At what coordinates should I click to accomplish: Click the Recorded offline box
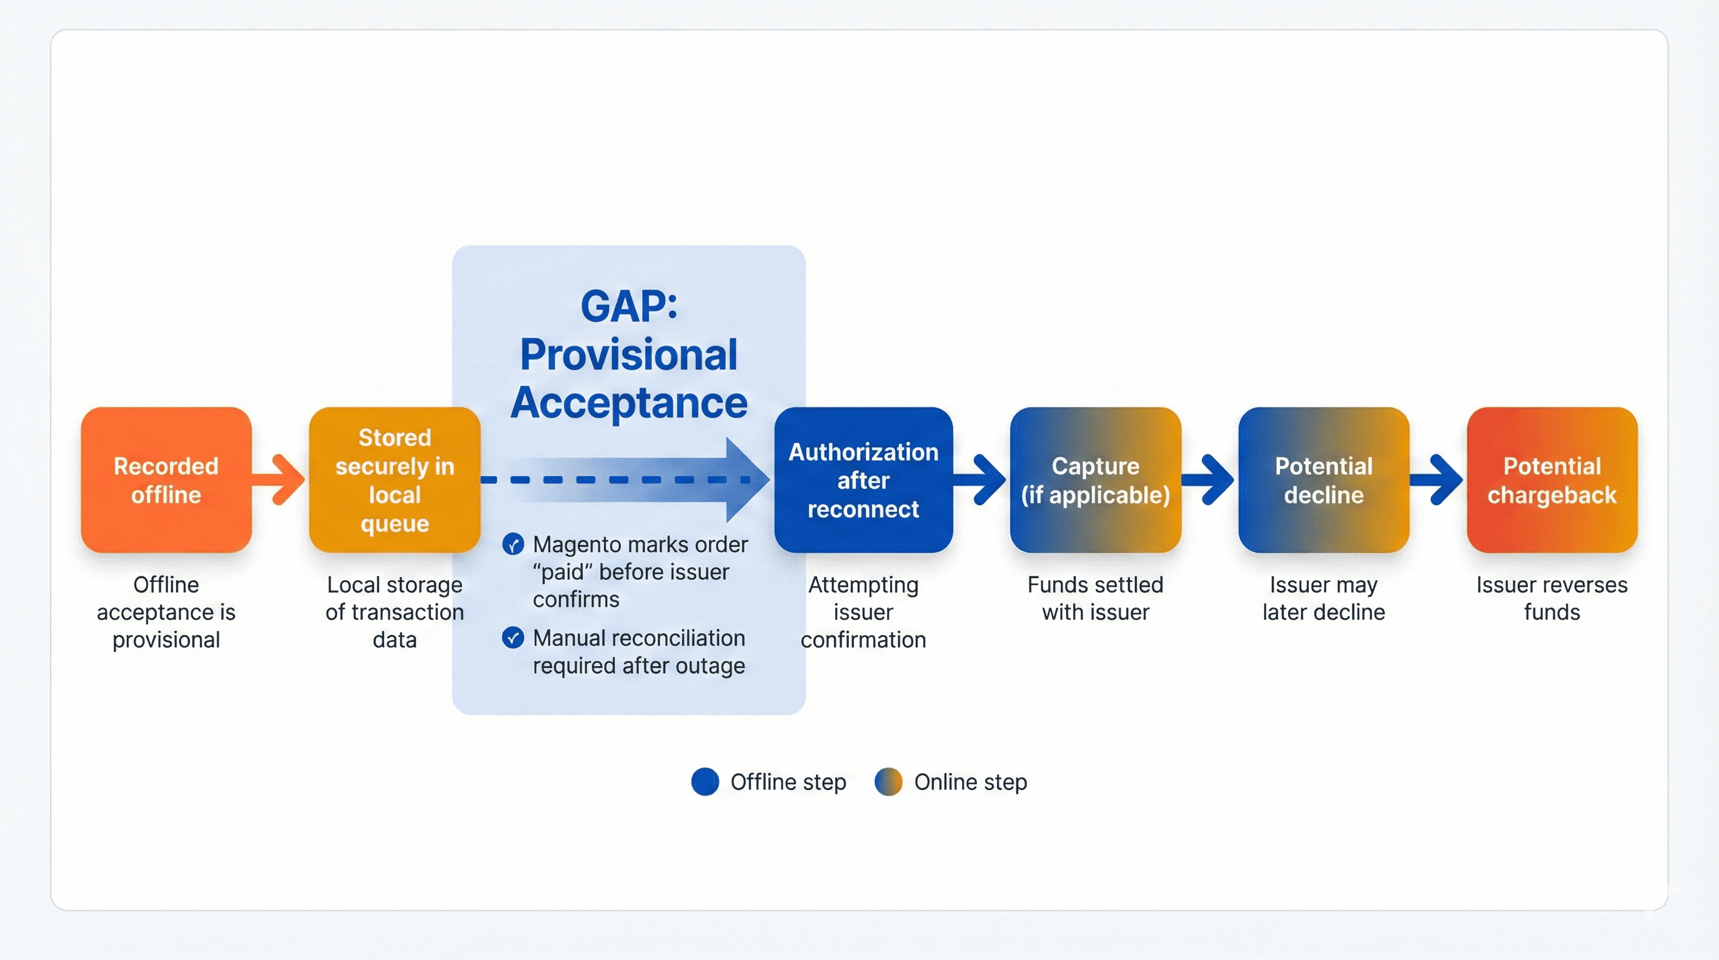(166, 480)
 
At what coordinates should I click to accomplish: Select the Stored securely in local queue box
(394, 480)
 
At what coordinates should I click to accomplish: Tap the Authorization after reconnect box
(863, 480)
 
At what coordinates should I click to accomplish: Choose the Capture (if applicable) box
(1095, 480)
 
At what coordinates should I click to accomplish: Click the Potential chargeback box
(1552, 480)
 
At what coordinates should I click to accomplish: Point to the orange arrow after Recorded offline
(280, 479)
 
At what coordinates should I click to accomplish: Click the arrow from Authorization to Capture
(981, 479)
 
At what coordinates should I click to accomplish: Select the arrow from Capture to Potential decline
(1209, 479)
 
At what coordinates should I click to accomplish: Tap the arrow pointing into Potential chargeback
(1437, 479)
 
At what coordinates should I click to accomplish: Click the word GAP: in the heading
(628, 306)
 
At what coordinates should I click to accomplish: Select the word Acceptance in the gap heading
(628, 402)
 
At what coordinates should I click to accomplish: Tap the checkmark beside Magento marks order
(512, 545)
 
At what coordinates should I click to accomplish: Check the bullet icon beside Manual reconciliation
(512, 638)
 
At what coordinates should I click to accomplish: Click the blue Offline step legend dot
(705, 782)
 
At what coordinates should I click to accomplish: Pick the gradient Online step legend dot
(888, 782)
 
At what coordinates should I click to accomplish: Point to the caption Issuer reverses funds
(1552, 598)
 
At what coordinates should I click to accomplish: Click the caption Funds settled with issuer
(1095, 598)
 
